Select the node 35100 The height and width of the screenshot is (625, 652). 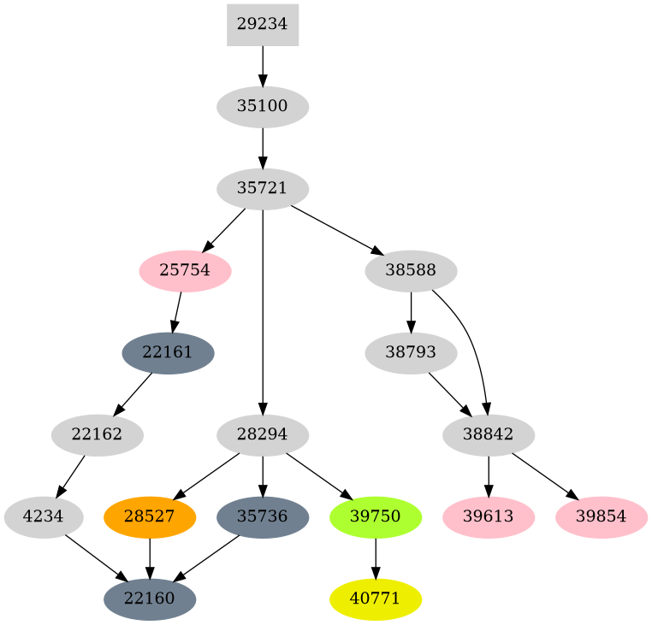tap(262, 107)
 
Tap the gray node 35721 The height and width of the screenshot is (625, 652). tap(262, 189)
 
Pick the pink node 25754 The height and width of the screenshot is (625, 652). tap(185, 271)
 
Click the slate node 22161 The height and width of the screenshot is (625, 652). tap(168, 353)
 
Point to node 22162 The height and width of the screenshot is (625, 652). tap(97, 435)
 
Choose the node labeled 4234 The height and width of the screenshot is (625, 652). tap(44, 517)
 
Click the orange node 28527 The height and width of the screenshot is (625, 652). tap(150, 517)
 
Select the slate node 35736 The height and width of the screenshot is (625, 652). tap(262, 517)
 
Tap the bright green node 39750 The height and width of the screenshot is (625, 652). tap(376, 517)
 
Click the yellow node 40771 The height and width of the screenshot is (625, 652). tap(376, 599)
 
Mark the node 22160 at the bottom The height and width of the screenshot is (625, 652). tap(150, 599)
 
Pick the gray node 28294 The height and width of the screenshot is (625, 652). tap(262, 435)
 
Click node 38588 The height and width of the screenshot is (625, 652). tap(411, 271)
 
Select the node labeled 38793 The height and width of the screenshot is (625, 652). tap(411, 353)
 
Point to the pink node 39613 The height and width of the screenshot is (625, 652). tap(489, 517)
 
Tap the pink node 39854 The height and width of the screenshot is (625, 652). tap(601, 517)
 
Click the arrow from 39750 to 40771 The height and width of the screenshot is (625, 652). tap(376, 558)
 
